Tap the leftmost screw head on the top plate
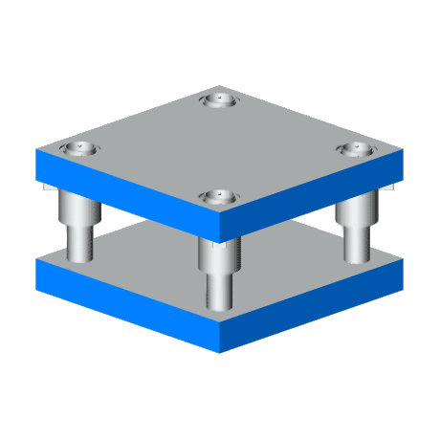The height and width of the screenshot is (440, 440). pyautogui.click(x=78, y=149)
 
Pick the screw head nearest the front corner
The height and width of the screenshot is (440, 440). pyautogui.click(x=219, y=196)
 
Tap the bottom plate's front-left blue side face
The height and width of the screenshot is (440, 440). pyautogui.click(x=124, y=302)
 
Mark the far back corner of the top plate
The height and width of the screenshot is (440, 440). pyautogui.click(x=219, y=84)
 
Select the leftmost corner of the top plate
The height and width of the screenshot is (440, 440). pyautogui.click(x=36, y=150)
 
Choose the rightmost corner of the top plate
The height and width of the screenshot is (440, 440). pyautogui.click(x=403, y=150)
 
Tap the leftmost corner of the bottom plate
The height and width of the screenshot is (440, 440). pyautogui.click(x=36, y=259)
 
